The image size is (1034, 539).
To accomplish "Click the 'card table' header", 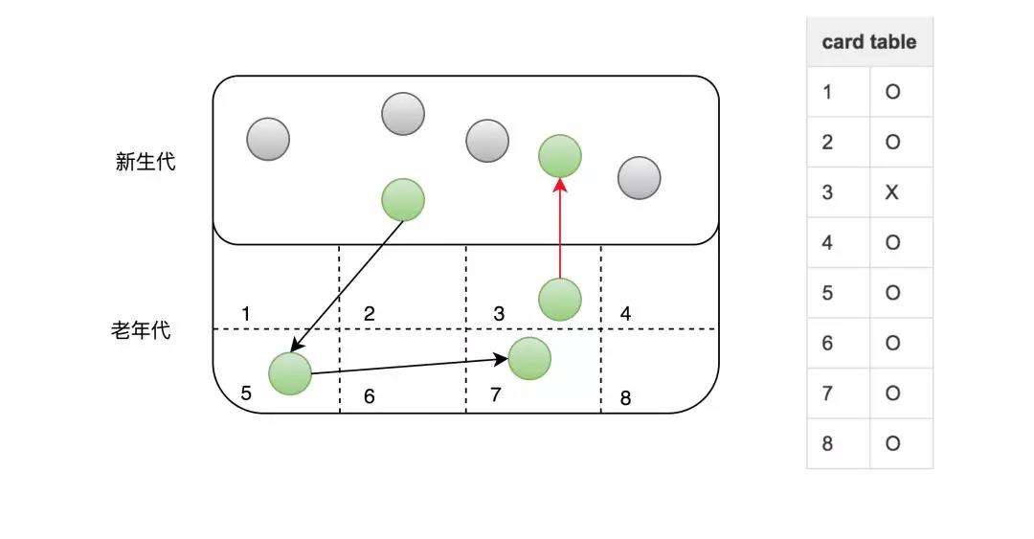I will pyautogui.click(x=868, y=42).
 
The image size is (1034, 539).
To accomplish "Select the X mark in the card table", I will pyautogui.click(x=892, y=192).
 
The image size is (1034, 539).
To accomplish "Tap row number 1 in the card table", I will pyautogui.click(x=827, y=93).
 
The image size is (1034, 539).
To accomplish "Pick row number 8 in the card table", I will pyautogui.click(x=827, y=444).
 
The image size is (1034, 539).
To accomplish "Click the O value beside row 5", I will pyautogui.click(x=892, y=293).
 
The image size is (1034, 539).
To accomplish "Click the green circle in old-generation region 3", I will pyautogui.click(x=560, y=300).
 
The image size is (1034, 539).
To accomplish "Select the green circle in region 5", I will pyautogui.click(x=290, y=373).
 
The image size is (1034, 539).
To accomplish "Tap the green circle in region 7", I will pyautogui.click(x=529, y=358).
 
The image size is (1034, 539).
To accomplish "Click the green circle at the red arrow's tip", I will pyautogui.click(x=560, y=155).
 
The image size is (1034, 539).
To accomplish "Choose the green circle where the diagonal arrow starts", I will pyautogui.click(x=403, y=200).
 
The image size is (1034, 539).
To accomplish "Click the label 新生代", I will pyautogui.click(x=146, y=162).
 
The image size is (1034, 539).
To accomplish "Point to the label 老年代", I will pyautogui.click(x=141, y=332).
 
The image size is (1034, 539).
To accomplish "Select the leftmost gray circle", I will pyautogui.click(x=268, y=139).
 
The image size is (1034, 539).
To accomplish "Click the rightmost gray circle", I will pyautogui.click(x=639, y=178).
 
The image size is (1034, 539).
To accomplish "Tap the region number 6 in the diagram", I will pyautogui.click(x=369, y=396).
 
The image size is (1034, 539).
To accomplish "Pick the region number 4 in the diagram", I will pyautogui.click(x=625, y=314).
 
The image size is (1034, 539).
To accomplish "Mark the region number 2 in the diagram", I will pyautogui.click(x=369, y=314).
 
